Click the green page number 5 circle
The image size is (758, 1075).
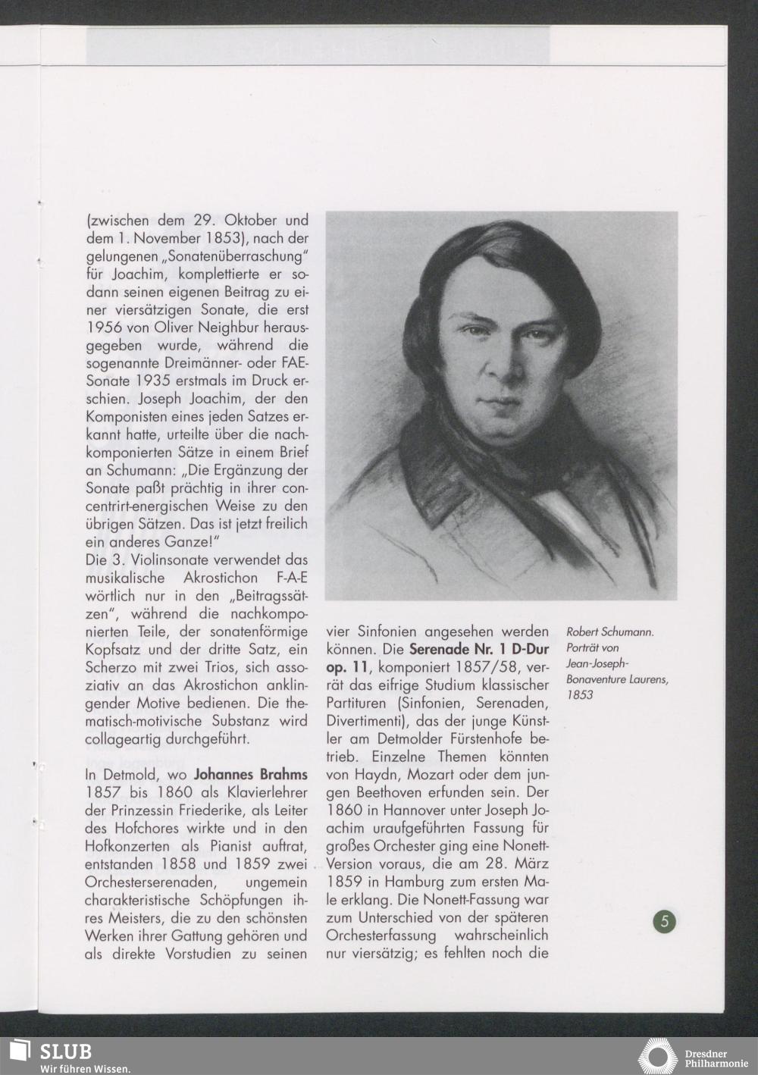pyautogui.click(x=665, y=921)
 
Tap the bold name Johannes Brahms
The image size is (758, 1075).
pyautogui.click(x=250, y=775)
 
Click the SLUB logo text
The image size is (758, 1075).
pyautogui.click(x=65, y=1051)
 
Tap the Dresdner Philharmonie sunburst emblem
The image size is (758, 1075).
pyautogui.click(x=657, y=1057)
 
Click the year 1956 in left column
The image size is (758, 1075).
pyautogui.click(x=103, y=328)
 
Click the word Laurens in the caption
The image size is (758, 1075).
pyautogui.click(x=645, y=679)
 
